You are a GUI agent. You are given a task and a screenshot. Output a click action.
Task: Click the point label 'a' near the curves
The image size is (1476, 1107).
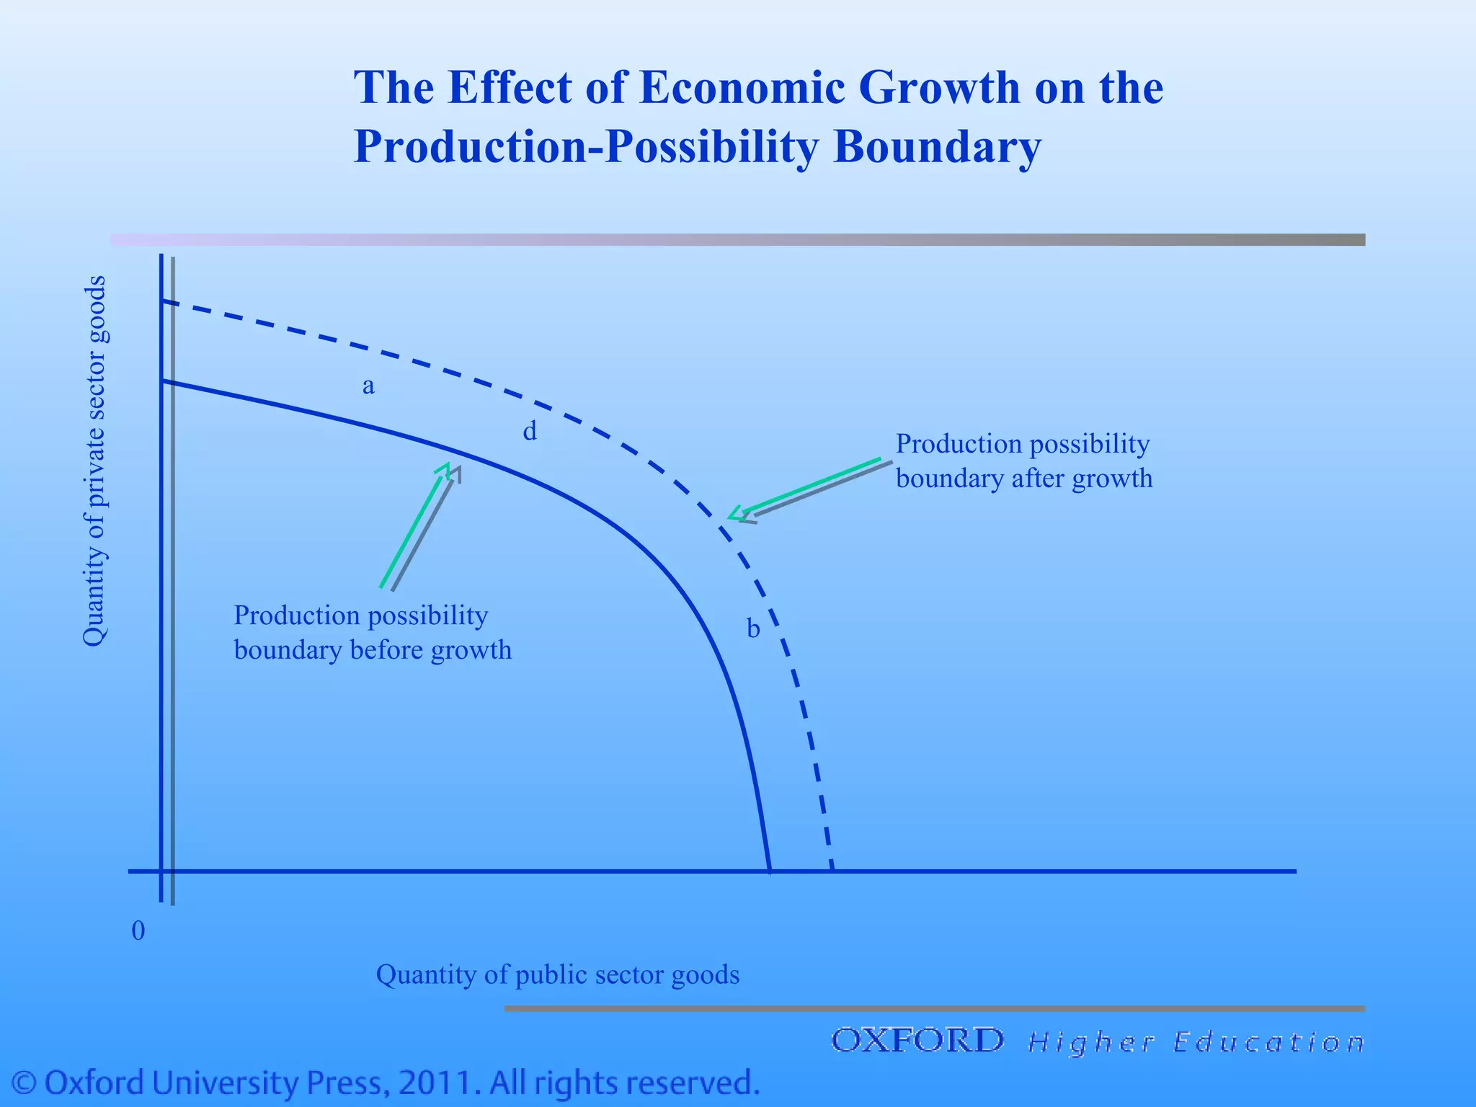pos(368,387)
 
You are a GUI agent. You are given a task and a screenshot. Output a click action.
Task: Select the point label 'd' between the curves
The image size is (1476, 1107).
pos(530,432)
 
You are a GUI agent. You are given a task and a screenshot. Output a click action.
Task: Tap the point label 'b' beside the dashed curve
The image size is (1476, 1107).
pos(753,628)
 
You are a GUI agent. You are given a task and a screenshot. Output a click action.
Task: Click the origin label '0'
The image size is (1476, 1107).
pos(138,931)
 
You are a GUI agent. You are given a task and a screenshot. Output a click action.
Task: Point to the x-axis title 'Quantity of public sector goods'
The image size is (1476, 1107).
pos(558,974)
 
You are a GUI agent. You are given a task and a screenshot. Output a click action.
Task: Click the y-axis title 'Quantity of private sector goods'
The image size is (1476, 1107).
pos(94,461)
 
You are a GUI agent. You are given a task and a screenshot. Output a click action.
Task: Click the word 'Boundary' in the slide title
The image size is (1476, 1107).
pos(937,146)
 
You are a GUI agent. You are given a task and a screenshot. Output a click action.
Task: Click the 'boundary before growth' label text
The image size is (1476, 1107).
pos(373,651)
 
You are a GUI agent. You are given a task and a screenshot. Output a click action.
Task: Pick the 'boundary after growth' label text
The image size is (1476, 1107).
pos(1023,479)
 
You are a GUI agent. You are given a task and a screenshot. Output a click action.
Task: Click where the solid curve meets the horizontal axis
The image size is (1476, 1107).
pos(770,871)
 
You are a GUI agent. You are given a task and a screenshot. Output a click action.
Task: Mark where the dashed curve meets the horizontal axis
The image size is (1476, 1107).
pos(832,871)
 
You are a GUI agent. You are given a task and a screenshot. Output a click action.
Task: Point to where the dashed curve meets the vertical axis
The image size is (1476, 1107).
pos(163,301)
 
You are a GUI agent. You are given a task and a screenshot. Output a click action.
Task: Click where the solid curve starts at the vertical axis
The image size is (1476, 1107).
pos(163,381)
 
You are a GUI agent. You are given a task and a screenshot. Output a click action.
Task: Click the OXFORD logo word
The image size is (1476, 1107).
pos(917,1041)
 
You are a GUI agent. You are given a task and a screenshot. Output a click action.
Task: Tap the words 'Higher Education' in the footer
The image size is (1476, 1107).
pos(1196,1043)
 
